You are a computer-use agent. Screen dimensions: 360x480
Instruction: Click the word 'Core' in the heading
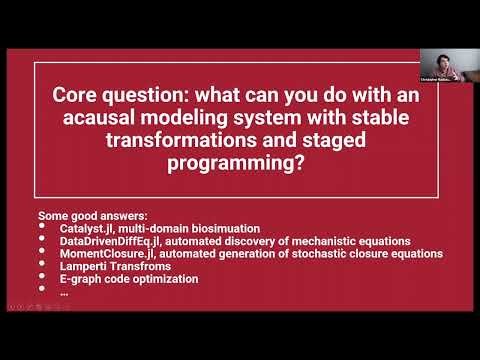(76, 100)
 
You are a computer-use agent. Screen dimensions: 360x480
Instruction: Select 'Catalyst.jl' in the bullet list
(89, 229)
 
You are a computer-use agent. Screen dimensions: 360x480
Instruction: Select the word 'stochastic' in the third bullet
(339, 255)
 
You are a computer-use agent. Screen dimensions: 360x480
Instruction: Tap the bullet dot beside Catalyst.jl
(41, 229)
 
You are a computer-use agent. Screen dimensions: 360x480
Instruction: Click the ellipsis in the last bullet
(64, 293)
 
